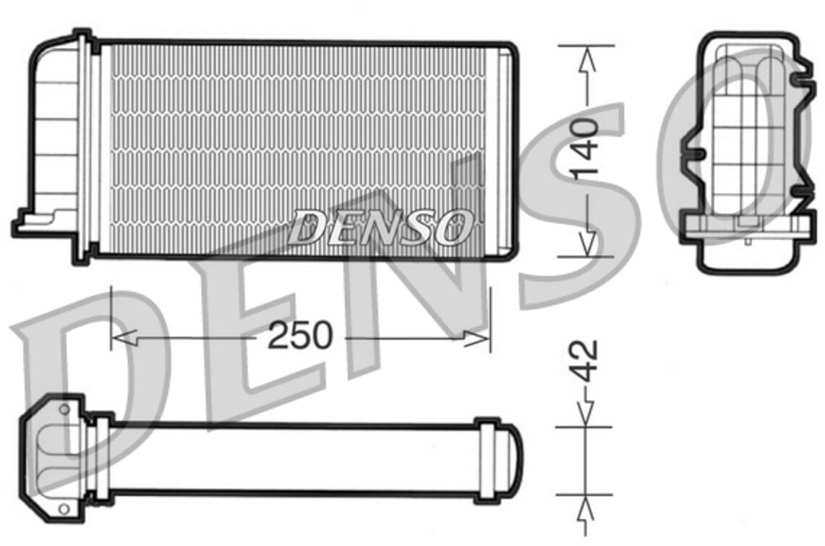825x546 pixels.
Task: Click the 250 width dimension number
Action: tap(301, 335)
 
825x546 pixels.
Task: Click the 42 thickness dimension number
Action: tap(585, 361)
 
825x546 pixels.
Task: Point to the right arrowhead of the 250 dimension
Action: tap(476, 338)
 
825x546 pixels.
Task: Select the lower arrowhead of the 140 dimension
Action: tap(586, 244)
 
